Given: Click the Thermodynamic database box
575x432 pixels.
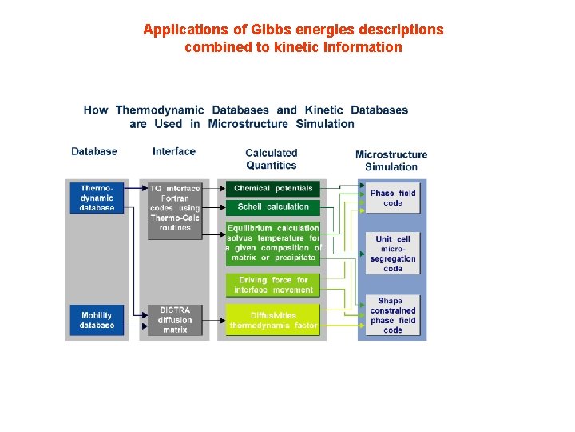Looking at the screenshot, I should click(x=97, y=198).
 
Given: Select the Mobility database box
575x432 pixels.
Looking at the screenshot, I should click(x=97, y=320).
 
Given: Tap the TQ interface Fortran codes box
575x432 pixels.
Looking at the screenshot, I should click(x=175, y=208).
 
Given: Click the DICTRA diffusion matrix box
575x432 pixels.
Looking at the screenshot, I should click(x=175, y=320).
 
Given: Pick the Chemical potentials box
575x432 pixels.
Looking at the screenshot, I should click(x=272, y=189).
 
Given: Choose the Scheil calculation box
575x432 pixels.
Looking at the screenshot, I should click(x=272, y=207).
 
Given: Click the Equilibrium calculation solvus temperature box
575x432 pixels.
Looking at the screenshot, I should click(x=272, y=243).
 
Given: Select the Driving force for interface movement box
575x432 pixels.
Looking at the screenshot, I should click(x=272, y=285).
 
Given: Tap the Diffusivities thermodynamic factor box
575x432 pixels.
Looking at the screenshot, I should click(x=272, y=320).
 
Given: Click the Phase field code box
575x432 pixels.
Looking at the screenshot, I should click(x=393, y=198).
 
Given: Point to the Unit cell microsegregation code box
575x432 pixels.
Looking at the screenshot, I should click(x=393, y=254).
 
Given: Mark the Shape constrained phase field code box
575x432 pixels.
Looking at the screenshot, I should click(x=393, y=316).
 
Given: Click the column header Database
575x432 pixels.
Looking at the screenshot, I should click(x=94, y=151).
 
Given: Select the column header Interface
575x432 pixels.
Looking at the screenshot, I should click(x=174, y=151).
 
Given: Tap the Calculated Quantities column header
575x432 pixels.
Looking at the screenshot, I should click(x=272, y=159).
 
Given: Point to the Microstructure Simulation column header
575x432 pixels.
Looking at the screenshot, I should click(x=391, y=161).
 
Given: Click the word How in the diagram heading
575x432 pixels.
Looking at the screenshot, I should click(x=96, y=110).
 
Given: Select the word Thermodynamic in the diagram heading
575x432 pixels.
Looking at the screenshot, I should click(x=160, y=110).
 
